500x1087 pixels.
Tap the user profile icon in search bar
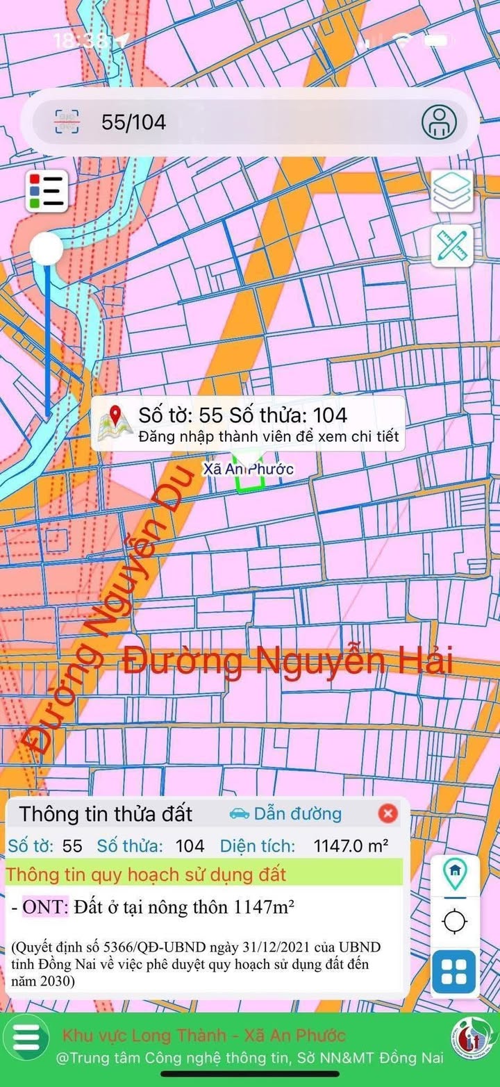tap(439, 122)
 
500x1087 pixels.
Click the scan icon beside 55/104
tap(67, 122)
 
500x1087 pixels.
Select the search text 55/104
tap(133, 122)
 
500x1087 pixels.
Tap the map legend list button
tap(47, 191)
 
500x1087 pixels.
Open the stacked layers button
tap(452, 190)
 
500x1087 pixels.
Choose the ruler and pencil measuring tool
tap(452, 245)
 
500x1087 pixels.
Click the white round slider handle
tap(47, 249)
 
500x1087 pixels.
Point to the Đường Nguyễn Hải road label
tap(288, 661)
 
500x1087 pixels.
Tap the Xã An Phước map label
tap(248, 469)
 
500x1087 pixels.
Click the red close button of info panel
tap(387, 813)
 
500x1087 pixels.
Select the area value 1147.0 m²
tap(351, 846)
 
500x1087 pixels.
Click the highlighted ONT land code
tap(46, 906)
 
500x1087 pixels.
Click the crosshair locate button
tap(455, 922)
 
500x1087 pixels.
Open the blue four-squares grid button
tap(454, 971)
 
